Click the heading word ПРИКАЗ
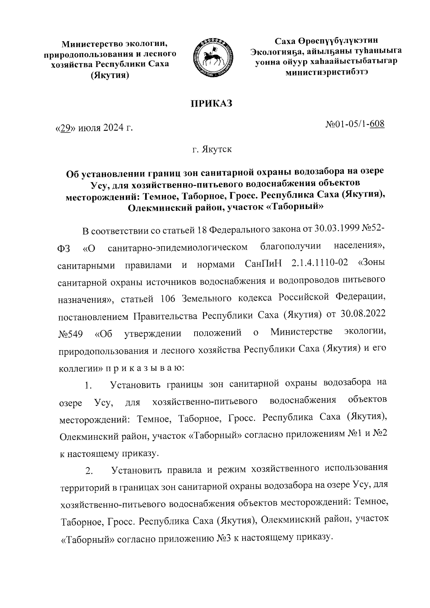pyautogui.click(x=211, y=104)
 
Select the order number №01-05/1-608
pyautogui.click(x=355, y=124)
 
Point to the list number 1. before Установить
pyautogui.click(x=89, y=386)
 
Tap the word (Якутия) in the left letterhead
pyautogui.click(x=110, y=76)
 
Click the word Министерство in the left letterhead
pyautogui.click(x=91, y=44)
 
